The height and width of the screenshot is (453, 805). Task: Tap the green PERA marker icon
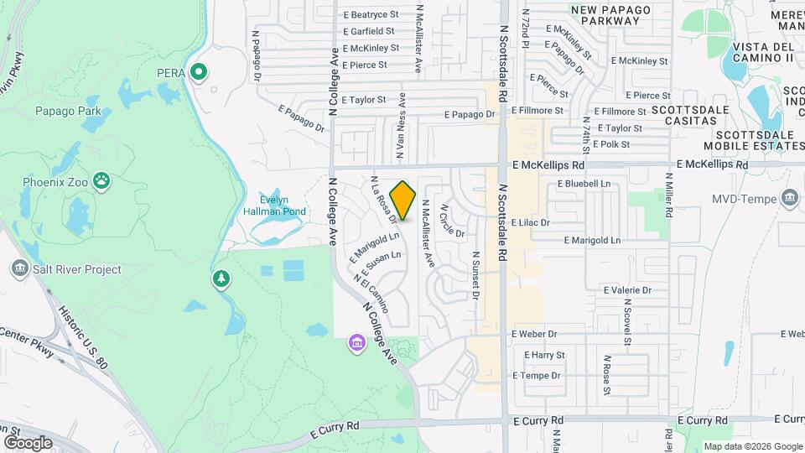[x=199, y=73]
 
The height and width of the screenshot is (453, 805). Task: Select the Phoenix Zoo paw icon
[x=101, y=180]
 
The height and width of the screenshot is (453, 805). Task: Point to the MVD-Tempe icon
[x=788, y=199]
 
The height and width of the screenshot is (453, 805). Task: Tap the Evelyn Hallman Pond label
[x=283, y=206]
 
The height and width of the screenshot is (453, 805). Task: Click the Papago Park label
[x=68, y=111]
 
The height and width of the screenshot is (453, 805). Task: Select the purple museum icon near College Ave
[x=357, y=343]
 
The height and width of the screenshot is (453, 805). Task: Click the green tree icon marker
[x=221, y=279]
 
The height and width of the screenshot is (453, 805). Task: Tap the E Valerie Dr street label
[x=628, y=289]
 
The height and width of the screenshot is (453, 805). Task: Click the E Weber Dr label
[x=534, y=334]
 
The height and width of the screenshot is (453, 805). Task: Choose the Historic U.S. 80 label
[x=83, y=327]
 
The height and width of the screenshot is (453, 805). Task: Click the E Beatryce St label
[x=370, y=14]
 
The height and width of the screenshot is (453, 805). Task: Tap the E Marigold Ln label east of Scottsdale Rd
[x=592, y=240]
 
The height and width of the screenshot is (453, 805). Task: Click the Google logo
[x=28, y=442]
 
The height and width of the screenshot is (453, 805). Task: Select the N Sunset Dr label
[x=475, y=275]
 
